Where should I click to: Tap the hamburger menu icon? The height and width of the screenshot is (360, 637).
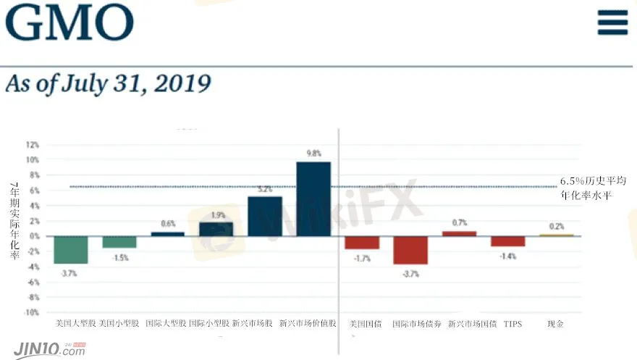[x=612, y=22]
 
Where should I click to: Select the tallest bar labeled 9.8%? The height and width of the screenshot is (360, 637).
[x=313, y=198]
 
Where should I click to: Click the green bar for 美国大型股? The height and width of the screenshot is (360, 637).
[x=71, y=249]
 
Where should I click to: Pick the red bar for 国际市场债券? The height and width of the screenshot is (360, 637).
[x=410, y=250]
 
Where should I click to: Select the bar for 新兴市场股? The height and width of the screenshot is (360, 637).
[x=265, y=216]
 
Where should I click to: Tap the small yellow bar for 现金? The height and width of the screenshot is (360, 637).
[x=556, y=235]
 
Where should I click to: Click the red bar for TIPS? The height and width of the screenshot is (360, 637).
[x=507, y=241]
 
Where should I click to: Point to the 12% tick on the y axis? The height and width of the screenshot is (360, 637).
[x=33, y=144]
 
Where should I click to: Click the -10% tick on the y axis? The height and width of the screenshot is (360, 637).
[x=31, y=312]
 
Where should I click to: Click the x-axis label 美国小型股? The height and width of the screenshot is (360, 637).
[x=119, y=324]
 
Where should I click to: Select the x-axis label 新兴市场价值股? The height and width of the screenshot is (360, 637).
[x=308, y=324]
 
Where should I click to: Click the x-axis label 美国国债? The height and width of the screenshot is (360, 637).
[x=363, y=324]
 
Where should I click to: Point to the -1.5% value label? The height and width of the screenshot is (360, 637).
[x=119, y=258]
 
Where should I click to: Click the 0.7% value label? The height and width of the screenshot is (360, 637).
[x=459, y=223]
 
